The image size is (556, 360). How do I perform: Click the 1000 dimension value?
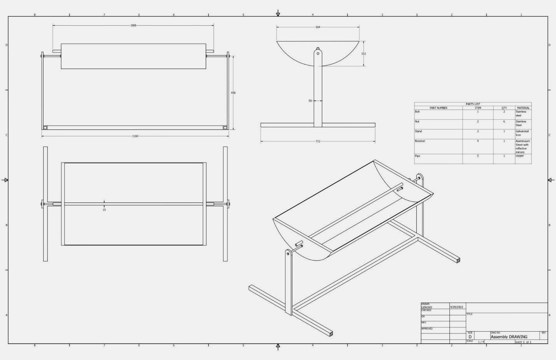[133, 26]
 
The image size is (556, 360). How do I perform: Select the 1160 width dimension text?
[135, 136]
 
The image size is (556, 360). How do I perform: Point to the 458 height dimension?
[233, 93]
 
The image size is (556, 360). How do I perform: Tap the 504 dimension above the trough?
[318, 27]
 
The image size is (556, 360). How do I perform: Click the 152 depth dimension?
[364, 54]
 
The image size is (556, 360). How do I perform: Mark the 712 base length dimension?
[318, 142]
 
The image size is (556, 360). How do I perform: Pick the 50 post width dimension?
[310, 101]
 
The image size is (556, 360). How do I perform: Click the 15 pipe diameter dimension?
[104, 210]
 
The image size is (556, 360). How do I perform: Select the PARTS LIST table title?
[473, 104]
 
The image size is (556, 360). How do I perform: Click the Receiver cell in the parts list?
[420, 141]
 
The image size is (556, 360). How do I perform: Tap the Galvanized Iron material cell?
[522, 133]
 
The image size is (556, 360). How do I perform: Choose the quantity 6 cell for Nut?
[504, 122]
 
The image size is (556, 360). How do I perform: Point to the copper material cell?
[520, 156]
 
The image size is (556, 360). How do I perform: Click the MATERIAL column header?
[523, 108]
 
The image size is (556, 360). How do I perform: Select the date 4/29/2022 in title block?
[457, 307]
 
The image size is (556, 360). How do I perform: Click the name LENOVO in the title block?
[427, 307]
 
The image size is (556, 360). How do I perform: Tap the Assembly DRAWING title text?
[509, 337]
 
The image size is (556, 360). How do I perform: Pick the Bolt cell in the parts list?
[417, 112]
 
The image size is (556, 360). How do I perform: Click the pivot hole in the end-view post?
[318, 53]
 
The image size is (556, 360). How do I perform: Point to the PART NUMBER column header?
[438, 108]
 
